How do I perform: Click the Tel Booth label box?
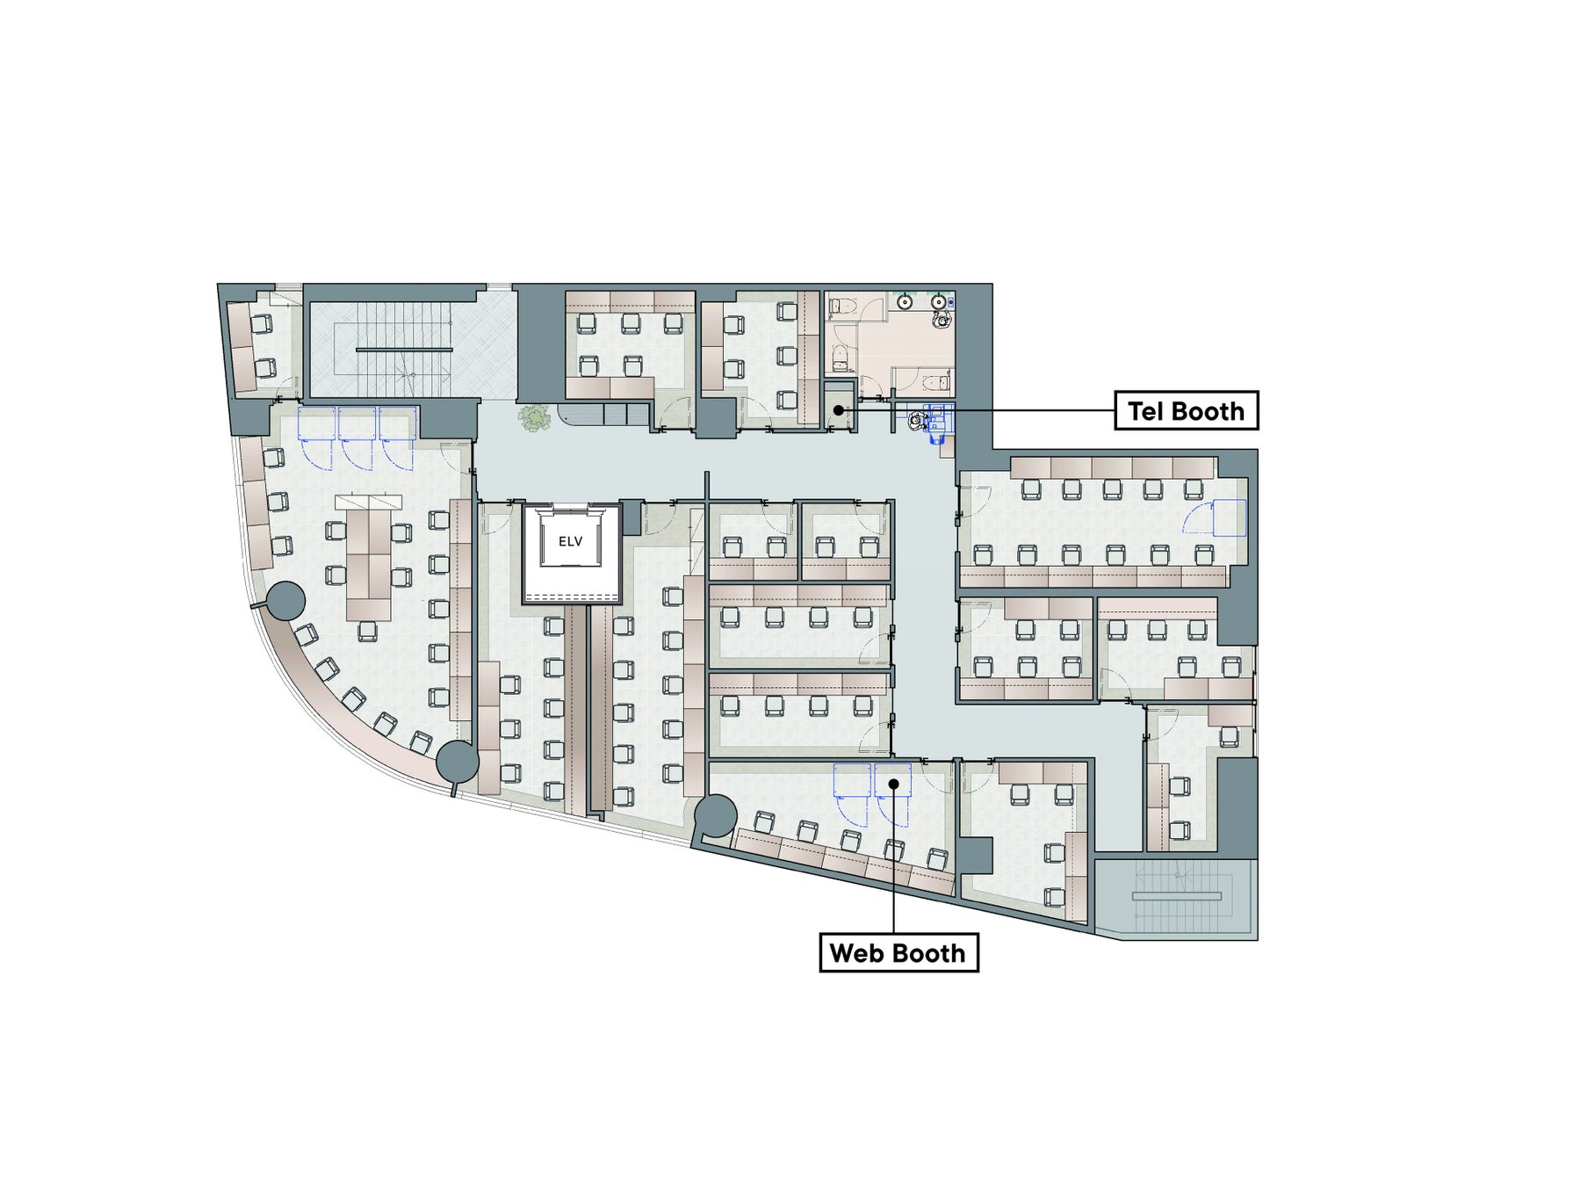click(x=1186, y=410)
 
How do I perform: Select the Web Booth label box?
click(x=898, y=952)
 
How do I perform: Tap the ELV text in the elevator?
click(x=570, y=541)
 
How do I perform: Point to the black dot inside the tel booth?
click(x=838, y=409)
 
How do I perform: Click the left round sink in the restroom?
click(x=905, y=302)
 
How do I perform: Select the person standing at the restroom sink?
click(x=942, y=317)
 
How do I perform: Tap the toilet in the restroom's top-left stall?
click(x=840, y=305)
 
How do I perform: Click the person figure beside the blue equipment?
click(x=916, y=421)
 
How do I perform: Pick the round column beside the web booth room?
click(x=718, y=814)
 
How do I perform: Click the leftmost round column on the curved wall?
click(x=283, y=601)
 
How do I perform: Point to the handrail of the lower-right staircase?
click(x=1177, y=895)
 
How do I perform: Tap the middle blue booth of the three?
click(x=357, y=437)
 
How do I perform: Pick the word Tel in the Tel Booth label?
click(x=1144, y=410)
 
